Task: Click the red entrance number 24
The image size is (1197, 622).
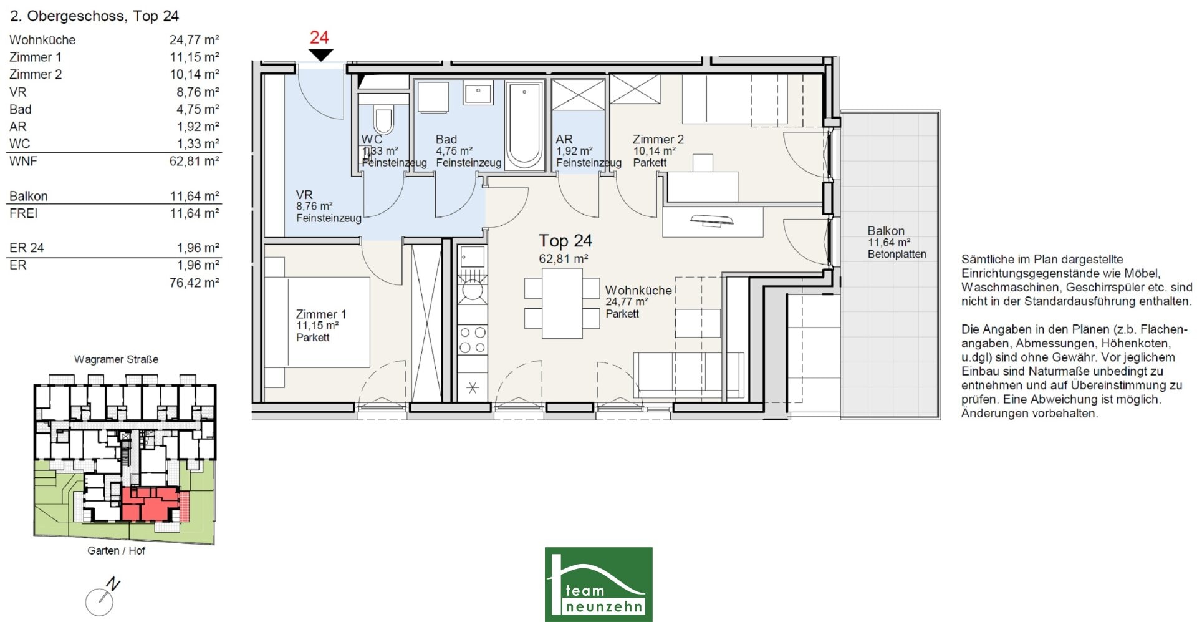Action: (319, 37)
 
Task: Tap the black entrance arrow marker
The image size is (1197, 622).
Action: (321, 55)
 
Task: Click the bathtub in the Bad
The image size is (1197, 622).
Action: (524, 125)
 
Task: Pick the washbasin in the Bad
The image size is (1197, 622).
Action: (478, 94)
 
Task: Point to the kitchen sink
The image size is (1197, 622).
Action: (472, 257)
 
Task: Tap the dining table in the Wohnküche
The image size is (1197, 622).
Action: (562, 303)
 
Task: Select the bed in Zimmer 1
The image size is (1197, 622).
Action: (317, 322)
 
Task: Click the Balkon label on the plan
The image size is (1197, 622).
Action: (886, 231)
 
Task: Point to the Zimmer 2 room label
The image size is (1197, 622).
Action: (658, 140)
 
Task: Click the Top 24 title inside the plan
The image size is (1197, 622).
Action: (565, 241)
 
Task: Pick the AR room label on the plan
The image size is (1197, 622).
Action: (564, 140)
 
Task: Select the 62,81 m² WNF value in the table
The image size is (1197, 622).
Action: (195, 161)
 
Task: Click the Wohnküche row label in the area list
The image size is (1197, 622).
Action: (42, 40)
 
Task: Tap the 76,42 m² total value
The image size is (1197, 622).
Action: (195, 283)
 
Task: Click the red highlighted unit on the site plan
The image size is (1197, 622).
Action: (150, 504)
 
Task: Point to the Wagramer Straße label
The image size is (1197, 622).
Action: (116, 359)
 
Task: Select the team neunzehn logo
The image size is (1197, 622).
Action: (598, 585)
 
